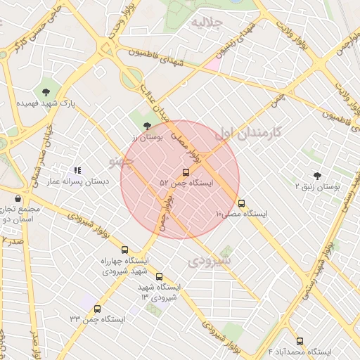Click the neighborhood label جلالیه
coord(208,22)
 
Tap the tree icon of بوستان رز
coord(146,127)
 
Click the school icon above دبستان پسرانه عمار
coord(77,170)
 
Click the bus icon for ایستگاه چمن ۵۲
coord(186,172)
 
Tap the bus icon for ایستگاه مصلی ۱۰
coord(242,202)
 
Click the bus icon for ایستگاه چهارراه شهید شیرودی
coord(125,250)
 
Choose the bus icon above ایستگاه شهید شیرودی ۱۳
coord(159,276)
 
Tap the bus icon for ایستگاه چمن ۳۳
coord(97,308)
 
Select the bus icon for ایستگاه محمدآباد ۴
coord(300,341)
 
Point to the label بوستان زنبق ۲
coord(317,188)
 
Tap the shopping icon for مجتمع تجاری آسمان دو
coord(17,198)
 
